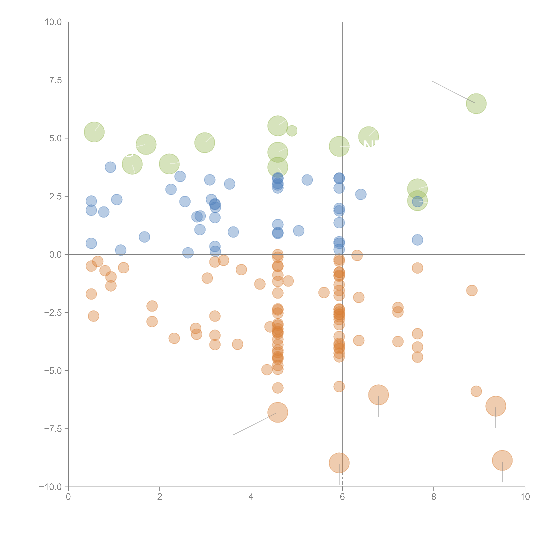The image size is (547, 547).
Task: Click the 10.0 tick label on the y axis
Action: point(53,22)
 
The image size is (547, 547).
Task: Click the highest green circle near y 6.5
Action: point(476,104)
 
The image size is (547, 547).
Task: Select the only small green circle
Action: point(292,131)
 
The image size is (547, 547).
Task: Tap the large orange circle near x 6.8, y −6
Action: point(379,395)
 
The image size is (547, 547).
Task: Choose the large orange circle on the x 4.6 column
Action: point(278,412)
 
